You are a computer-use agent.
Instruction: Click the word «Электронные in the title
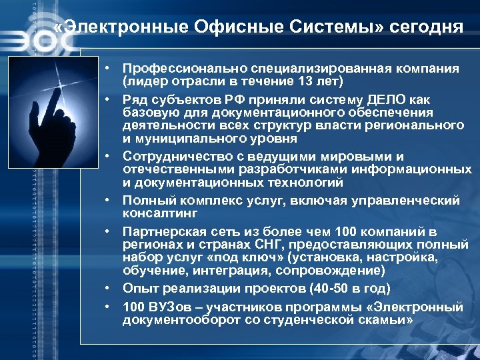point(119,27)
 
